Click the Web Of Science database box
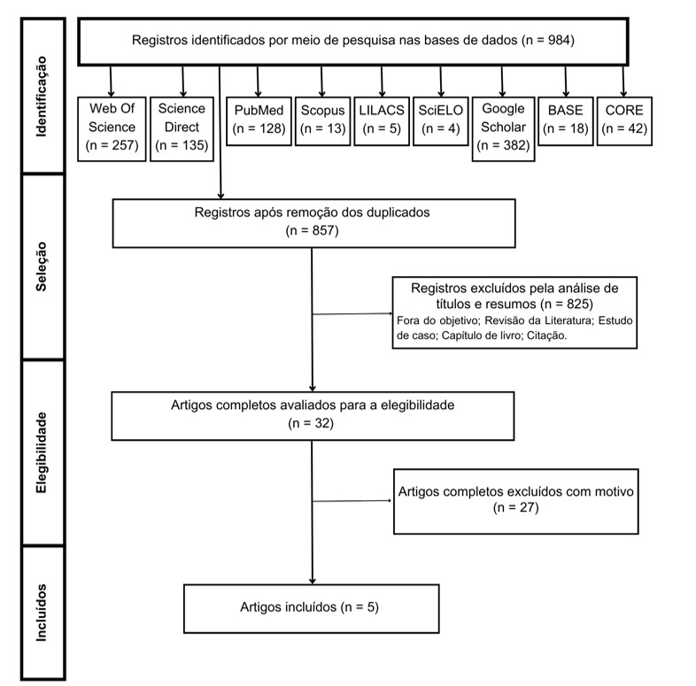112,127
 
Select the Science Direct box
183,127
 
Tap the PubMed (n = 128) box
259,119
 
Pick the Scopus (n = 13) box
322,119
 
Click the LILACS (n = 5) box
381,119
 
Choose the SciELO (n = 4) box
438,119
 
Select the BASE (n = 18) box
564,119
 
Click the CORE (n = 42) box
624,119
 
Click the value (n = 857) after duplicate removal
312,230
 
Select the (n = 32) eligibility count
312,424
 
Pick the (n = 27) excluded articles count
516,508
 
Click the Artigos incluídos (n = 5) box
313,607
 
